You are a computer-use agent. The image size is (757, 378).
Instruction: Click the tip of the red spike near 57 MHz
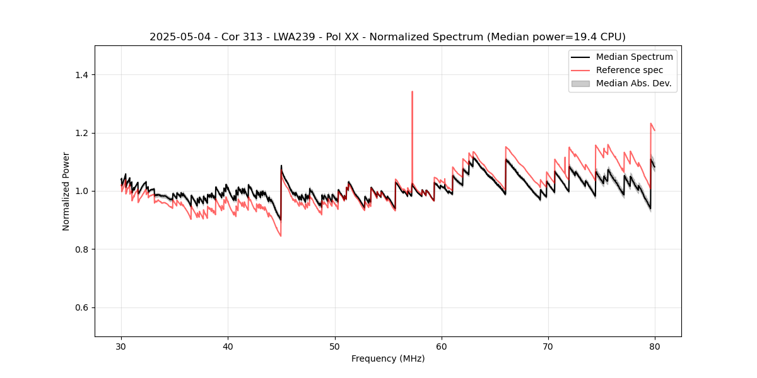[412, 91]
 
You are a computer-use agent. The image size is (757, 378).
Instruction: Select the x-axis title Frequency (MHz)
[388, 358]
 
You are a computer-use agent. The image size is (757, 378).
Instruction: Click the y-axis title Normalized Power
[66, 191]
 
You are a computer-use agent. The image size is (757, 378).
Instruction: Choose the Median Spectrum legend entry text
[634, 57]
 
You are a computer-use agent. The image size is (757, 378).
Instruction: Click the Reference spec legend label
[629, 70]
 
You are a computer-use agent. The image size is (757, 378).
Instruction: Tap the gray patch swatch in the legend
[580, 83]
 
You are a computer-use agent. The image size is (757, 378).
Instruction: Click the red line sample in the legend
[580, 70]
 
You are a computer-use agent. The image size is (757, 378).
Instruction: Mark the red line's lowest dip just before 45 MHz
[281, 236]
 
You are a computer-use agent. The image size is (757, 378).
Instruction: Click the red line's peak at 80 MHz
[651, 123]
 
